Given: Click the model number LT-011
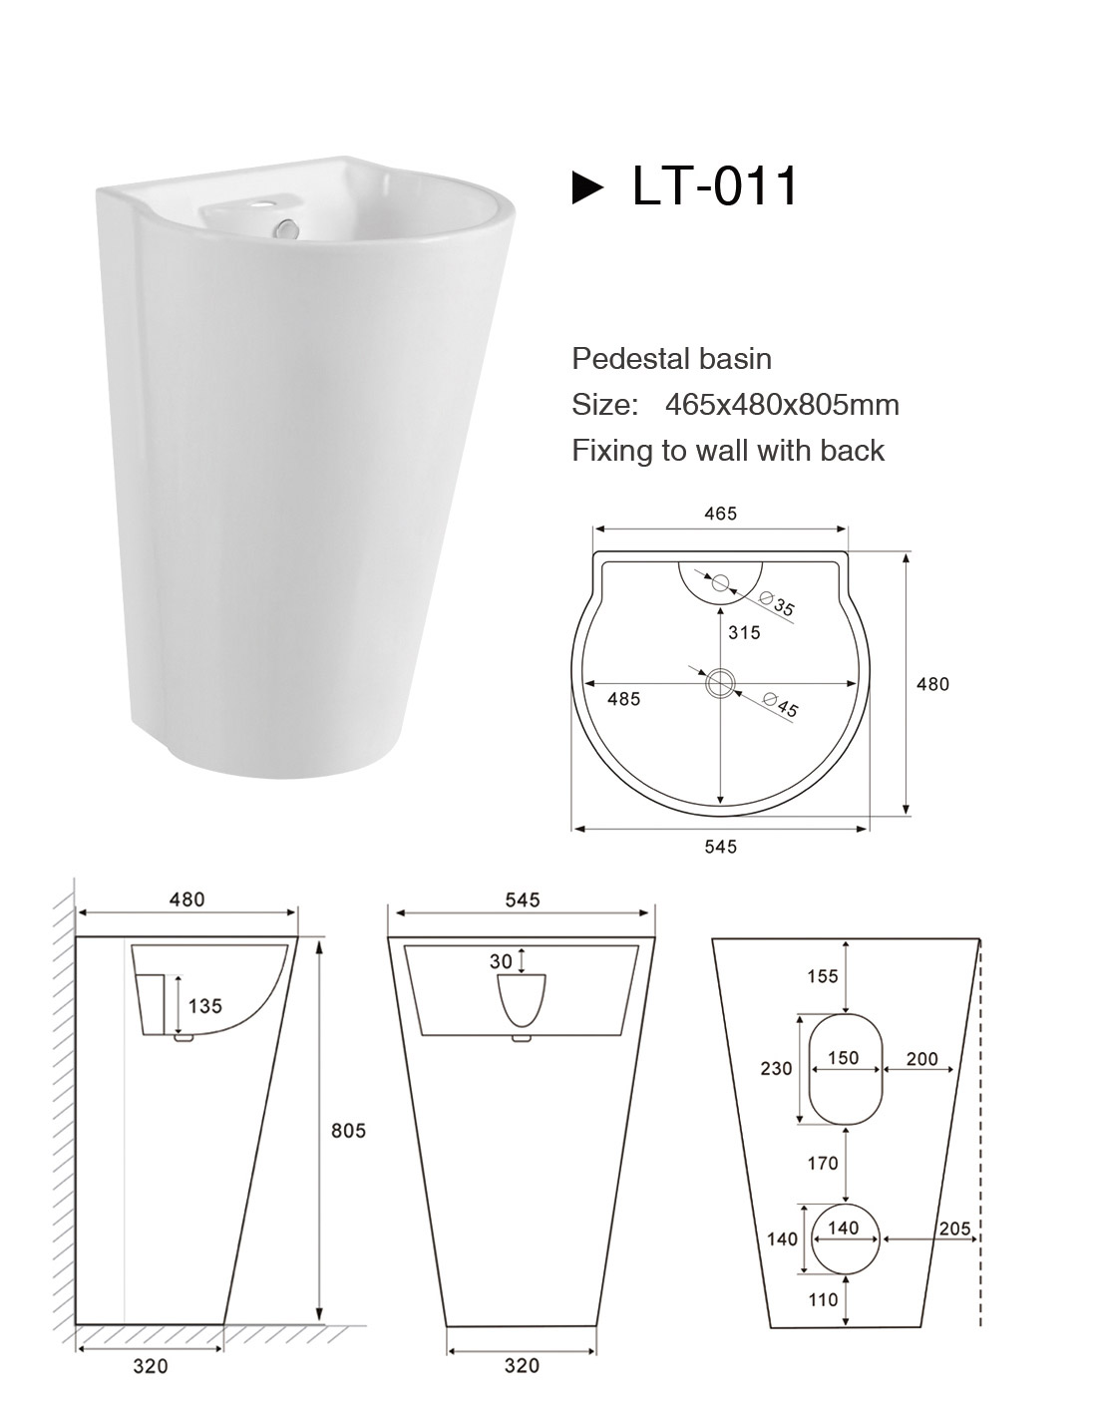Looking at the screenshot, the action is (x=715, y=186).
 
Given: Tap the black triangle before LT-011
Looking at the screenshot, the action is (x=586, y=188).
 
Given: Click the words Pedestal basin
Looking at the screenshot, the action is (x=671, y=359).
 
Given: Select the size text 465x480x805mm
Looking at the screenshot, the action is (x=782, y=405).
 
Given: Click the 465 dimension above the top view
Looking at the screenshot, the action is (x=720, y=514).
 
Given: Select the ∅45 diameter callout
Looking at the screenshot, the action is (x=780, y=704).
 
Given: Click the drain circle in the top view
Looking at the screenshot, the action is (x=721, y=682).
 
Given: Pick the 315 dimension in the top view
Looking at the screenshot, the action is (x=744, y=632).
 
